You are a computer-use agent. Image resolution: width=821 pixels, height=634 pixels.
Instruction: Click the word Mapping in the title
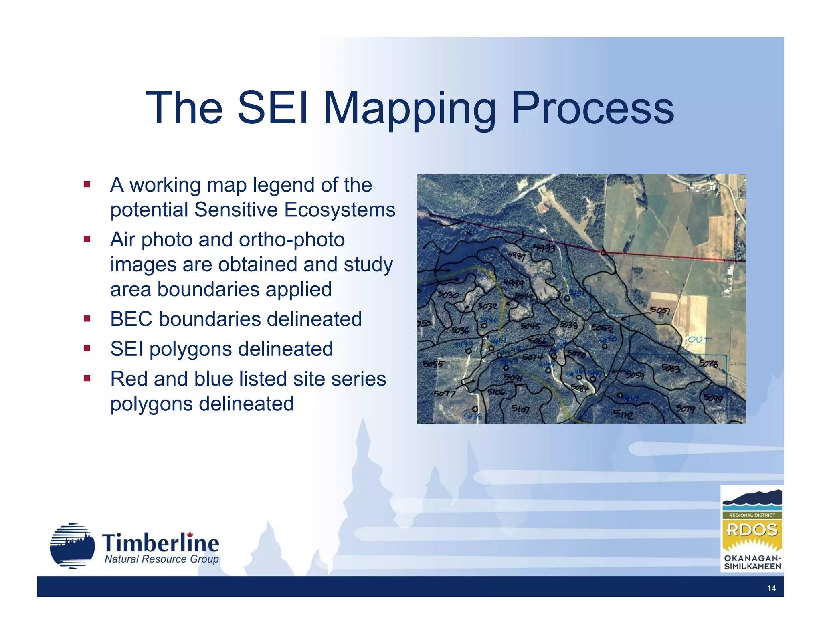tap(409, 108)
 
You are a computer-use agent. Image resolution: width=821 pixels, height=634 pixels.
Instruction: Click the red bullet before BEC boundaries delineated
tap(87, 319)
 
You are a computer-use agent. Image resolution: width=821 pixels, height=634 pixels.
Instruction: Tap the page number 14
tap(771, 588)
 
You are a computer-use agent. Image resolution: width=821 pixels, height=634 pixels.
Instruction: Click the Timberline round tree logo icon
tap(72, 546)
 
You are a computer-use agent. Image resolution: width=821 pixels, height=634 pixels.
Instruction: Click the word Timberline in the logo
tap(160, 543)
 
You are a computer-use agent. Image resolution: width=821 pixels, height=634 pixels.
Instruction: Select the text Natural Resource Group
tap(162, 559)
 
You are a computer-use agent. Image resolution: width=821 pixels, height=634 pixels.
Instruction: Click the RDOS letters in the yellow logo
tap(752, 530)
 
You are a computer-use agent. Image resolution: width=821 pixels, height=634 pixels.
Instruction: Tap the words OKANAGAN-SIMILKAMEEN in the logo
tap(752, 562)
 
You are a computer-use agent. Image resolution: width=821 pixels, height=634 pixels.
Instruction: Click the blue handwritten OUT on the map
tap(700, 340)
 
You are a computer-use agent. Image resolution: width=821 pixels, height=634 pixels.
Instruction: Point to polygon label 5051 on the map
tap(660, 310)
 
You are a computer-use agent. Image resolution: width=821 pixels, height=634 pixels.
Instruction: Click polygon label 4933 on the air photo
tap(544, 248)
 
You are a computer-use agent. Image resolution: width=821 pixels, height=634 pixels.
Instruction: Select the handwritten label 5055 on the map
tap(433, 364)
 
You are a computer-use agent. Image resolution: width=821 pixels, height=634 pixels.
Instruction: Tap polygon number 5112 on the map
tap(623, 414)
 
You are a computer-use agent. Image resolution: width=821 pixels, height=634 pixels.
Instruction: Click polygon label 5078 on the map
tap(708, 363)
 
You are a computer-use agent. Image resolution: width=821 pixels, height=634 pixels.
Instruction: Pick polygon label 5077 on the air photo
tap(445, 394)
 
